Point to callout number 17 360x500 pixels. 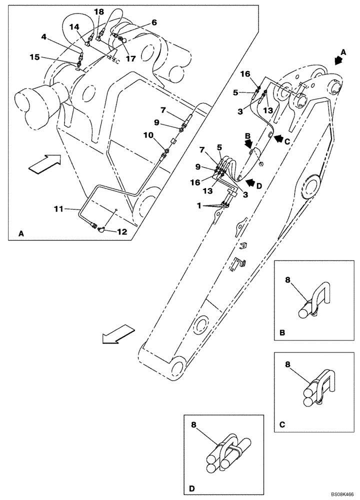(131, 58)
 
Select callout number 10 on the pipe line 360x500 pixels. (149, 135)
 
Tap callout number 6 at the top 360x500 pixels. (154, 22)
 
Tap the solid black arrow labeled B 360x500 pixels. (248, 143)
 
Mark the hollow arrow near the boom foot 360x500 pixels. (117, 333)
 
